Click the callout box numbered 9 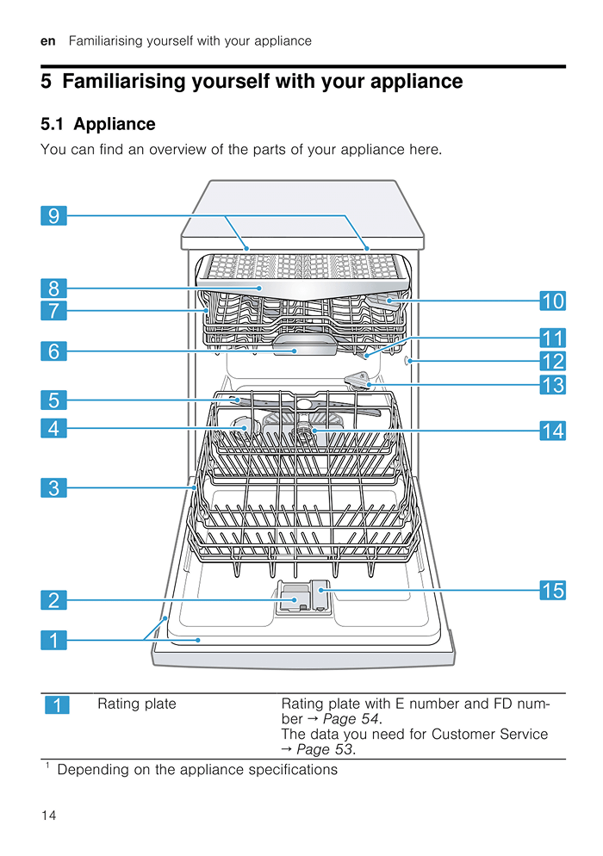(53, 215)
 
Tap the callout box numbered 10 (553, 301)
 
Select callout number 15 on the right (553, 590)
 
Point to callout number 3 (53, 488)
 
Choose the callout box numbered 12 (553, 362)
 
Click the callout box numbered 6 (53, 350)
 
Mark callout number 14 (553, 431)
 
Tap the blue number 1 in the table (57, 706)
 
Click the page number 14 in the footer (48, 815)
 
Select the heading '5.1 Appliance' (98, 124)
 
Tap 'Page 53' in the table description (325, 749)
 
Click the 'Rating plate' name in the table (136, 704)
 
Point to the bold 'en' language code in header (47, 40)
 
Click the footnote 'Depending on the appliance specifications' (196, 769)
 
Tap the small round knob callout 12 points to (408, 362)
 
